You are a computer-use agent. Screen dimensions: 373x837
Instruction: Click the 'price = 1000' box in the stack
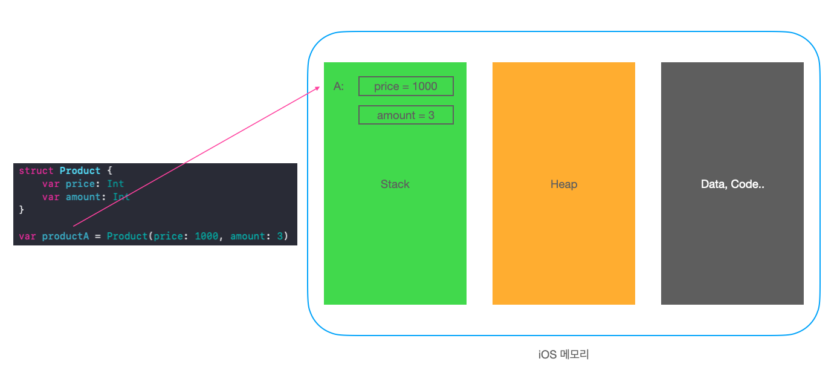point(406,86)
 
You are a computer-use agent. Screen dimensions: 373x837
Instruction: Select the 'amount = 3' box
point(406,115)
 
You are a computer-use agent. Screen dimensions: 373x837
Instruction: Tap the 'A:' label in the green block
point(338,86)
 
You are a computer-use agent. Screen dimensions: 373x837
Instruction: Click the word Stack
point(395,184)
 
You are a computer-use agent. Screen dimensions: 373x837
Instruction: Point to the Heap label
point(563,184)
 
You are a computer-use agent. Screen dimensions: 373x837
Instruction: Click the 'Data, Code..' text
point(732,184)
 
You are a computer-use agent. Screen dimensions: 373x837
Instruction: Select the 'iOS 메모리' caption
point(563,355)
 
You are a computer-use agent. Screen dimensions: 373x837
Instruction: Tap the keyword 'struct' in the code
point(36,171)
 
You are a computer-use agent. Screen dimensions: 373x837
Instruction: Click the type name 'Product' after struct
point(80,171)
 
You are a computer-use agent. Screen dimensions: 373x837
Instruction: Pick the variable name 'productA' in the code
point(65,236)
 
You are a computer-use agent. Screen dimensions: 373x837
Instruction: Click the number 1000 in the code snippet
point(206,236)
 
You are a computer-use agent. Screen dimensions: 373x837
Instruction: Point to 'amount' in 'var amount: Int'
point(86,197)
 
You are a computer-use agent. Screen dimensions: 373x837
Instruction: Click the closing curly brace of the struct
point(22,210)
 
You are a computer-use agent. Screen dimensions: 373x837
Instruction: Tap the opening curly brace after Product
point(109,171)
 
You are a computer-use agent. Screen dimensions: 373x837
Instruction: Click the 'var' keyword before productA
point(27,236)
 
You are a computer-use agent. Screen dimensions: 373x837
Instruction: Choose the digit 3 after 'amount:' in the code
point(279,236)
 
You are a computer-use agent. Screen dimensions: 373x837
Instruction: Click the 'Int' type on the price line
point(115,184)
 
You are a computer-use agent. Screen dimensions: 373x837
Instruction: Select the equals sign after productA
point(98,236)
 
